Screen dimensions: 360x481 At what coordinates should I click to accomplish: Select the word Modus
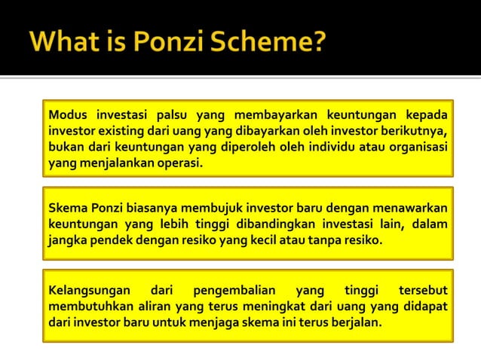[x=67, y=114]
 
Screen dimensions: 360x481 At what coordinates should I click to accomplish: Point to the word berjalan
[x=356, y=322]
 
